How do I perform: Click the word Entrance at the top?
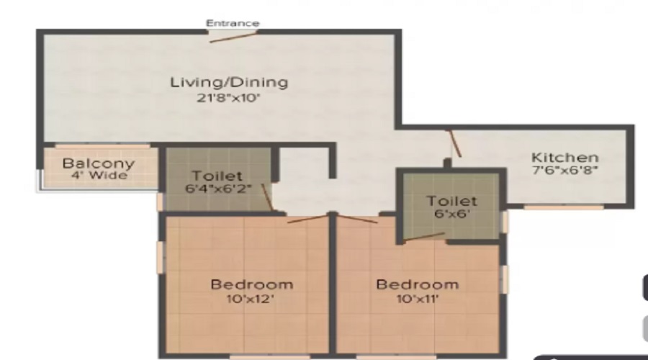coord(233,23)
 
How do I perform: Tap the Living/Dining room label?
coord(229,82)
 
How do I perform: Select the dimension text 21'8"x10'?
coord(229,99)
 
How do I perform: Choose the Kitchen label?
coord(564,158)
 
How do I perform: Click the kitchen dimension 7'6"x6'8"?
coord(565,171)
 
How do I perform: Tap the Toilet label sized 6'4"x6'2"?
coord(217,176)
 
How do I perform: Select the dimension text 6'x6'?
coord(451,214)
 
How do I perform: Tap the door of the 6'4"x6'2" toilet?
coord(266,197)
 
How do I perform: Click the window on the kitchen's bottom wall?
coord(563,207)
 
